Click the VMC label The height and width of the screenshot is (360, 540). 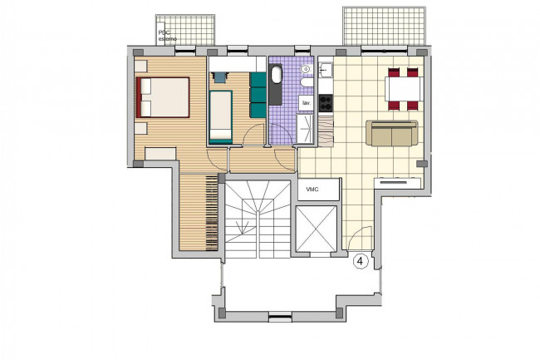(x=312, y=190)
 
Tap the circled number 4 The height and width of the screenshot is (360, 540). (x=361, y=261)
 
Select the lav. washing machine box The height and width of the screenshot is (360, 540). (x=306, y=103)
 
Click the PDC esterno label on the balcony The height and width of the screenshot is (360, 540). (x=167, y=36)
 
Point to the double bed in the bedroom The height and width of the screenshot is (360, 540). (x=163, y=97)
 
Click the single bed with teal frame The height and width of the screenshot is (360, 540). (x=220, y=116)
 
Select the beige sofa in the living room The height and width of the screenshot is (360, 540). (x=391, y=133)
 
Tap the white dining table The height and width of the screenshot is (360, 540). (x=404, y=89)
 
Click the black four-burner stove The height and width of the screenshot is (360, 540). (x=326, y=103)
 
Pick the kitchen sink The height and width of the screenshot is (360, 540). (x=326, y=71)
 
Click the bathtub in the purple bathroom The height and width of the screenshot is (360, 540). (x=276, y=84)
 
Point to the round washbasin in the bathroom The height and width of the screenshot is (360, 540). (x=305, y=69)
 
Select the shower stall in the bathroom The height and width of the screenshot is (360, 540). (x=305, y=129)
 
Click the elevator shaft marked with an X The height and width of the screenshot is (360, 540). (x=316, y=229)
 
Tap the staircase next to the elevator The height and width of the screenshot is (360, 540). (x=258, y=219)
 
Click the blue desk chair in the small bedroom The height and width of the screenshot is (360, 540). (x=219, y=77)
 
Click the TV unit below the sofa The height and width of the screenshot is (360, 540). (x=399, y=182)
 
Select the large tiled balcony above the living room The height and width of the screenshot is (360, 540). (x=384, y=26)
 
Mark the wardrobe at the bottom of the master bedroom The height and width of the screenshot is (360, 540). (x=160, y=154)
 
